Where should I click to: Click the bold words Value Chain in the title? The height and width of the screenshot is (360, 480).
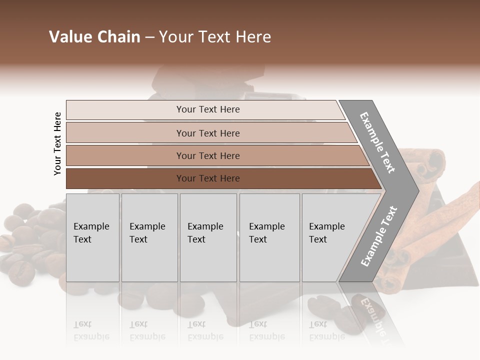pyautogui.click(x=94, y=37)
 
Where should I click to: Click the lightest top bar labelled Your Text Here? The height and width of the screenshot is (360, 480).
pyautogui.click(x=207, y=109)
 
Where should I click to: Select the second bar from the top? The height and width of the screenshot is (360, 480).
pyautogui.click(x=207, y=133)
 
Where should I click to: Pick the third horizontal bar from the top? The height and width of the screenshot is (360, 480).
pyautogui.click(x=207, y=155)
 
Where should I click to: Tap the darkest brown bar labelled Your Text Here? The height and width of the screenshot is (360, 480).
pyautogui.click(x=207, y=178)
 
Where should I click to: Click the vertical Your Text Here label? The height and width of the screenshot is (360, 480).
pyautogui.click(x=57, y=143)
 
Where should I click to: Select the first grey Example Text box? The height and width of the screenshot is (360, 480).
pyautogui.click(x=92, y=237)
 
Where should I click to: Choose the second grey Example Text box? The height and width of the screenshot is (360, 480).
pyautogui.click(x=149, y=237)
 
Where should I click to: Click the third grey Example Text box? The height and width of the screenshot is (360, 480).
pyautogui.click(x=208, y=237)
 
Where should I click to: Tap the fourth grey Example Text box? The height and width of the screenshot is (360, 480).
pyautogui.click(x=269, y=237)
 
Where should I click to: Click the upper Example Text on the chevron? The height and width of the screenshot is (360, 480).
pyautogui.click(x=378, y=142)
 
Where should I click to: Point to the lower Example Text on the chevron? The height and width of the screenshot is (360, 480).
pyautogui.click(x=379, y=236)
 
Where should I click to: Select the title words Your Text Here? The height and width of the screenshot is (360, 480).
pyautogui.click(x=215, y=37)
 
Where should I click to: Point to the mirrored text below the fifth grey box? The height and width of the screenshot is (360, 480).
pyautogui.click(x=326, y=330)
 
